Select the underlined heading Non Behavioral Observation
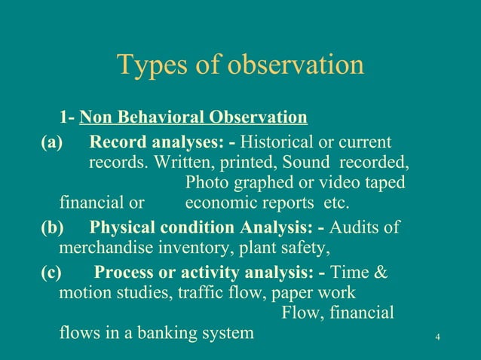click(193, 117)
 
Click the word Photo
click(208, 183)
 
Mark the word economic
click(218, 203)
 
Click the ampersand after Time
click(381, 272)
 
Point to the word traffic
click(204, 292)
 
